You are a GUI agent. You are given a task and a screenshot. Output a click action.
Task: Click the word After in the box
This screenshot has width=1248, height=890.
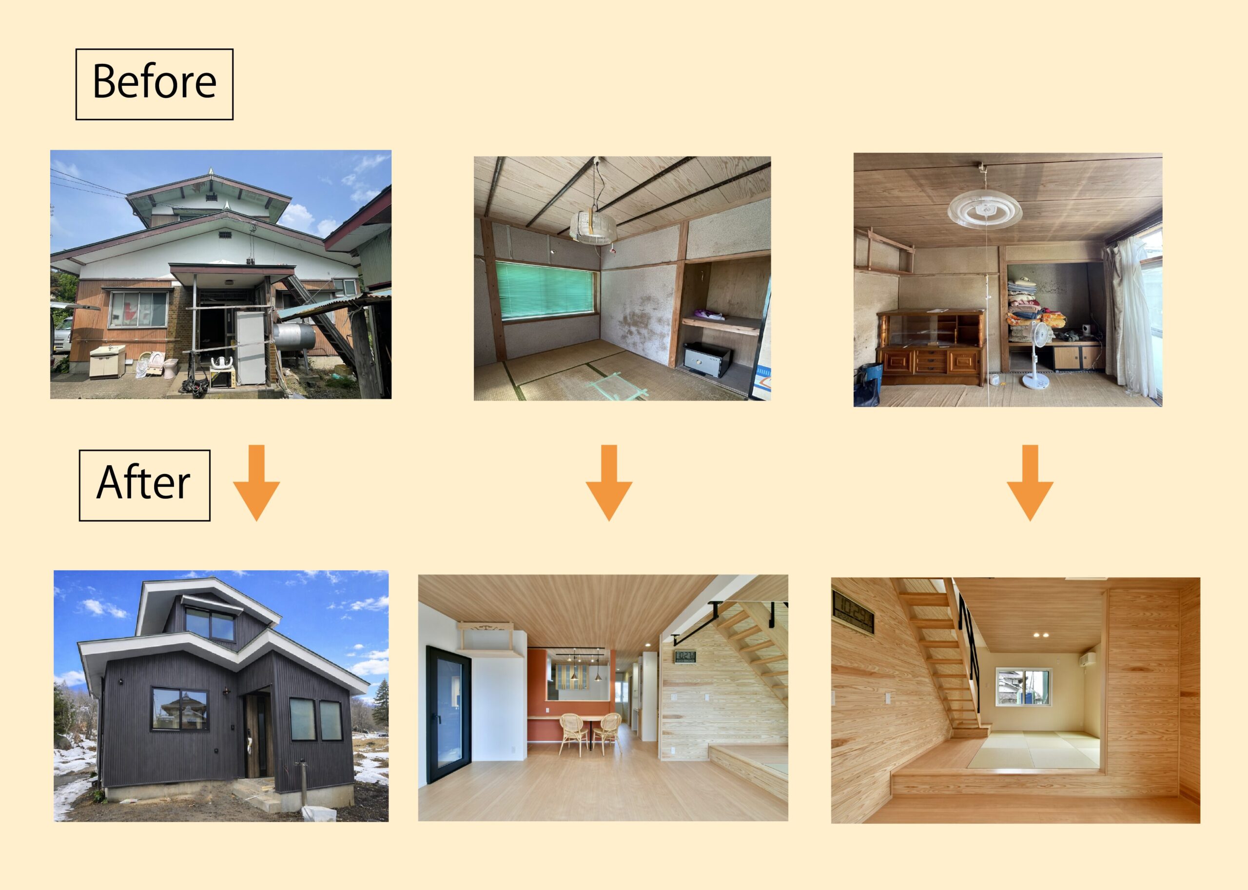click(x=143, y=483)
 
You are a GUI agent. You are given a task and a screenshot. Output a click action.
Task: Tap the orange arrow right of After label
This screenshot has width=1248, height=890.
click(x=256, y=483)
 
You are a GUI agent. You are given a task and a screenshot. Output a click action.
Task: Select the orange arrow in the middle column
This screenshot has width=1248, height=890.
click(x=609, y=483)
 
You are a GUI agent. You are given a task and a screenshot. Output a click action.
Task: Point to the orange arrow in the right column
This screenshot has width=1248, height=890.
click(x=1030, y=483)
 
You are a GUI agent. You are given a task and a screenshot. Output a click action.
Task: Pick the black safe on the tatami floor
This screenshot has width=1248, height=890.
click(x=707, y=358)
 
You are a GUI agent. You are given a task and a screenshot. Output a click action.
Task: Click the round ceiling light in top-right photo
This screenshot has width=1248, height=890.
click(x=984, y=212)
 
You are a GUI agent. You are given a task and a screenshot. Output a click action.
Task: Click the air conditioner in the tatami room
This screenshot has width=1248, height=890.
click(x=1087, y=659)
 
